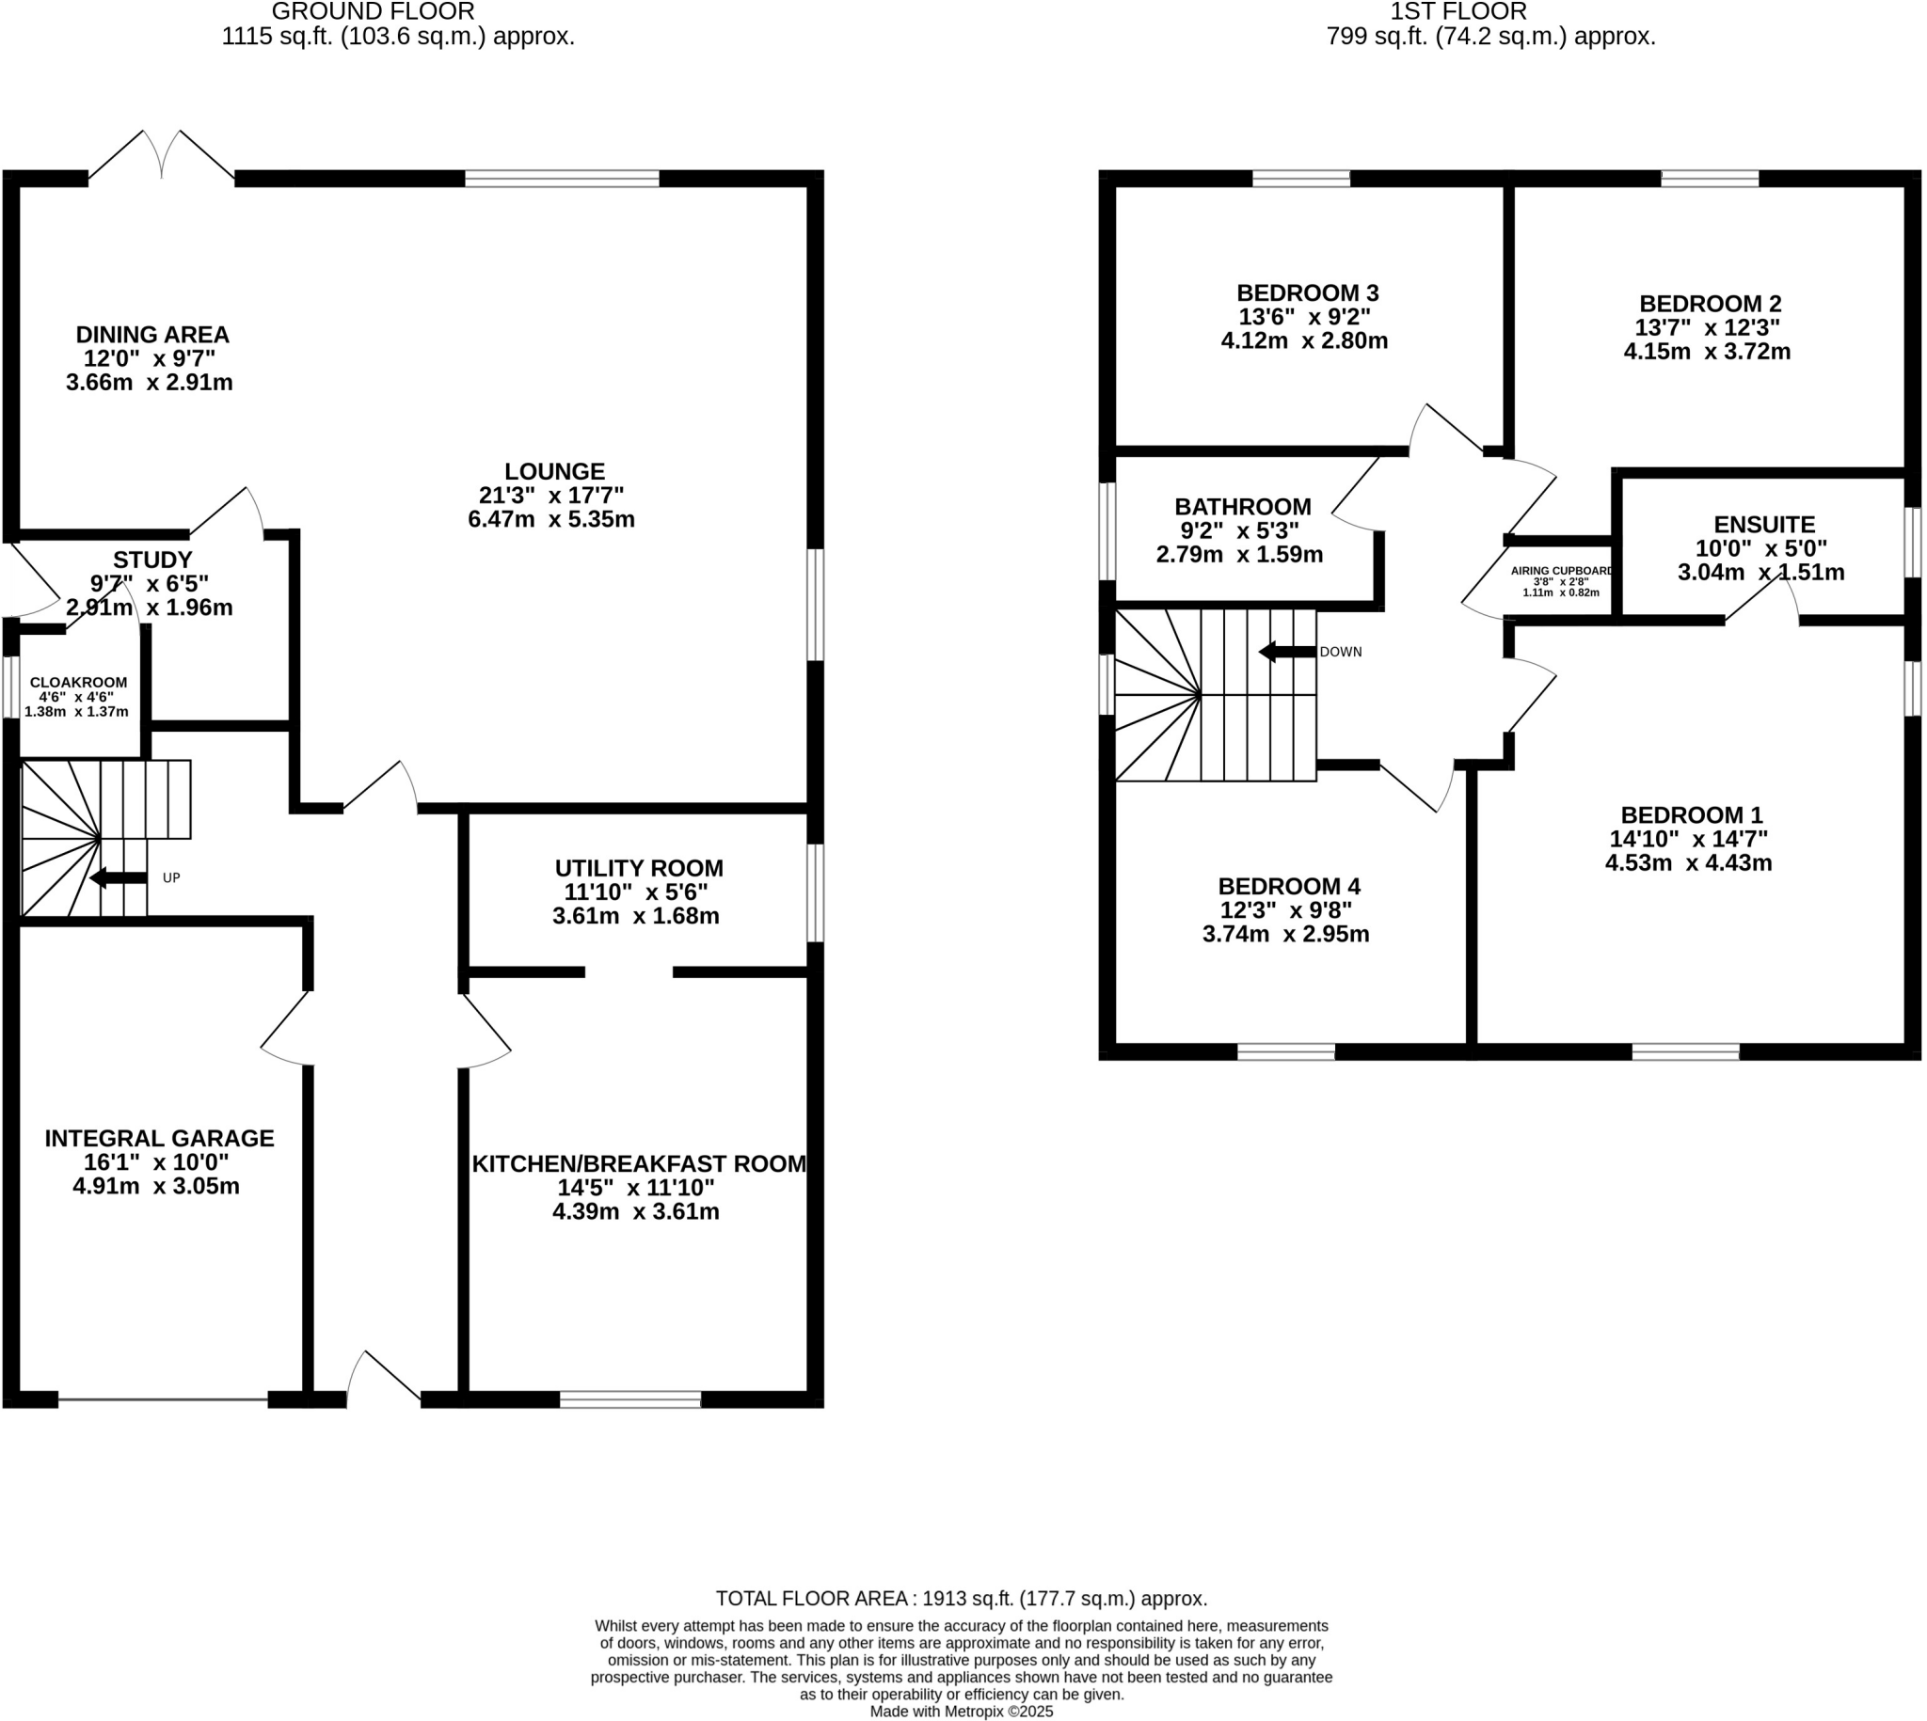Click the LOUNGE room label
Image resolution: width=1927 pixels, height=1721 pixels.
point(553,471)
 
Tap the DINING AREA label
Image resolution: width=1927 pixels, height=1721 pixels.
point(152,335)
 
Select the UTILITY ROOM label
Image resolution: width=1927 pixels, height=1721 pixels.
point(639,868)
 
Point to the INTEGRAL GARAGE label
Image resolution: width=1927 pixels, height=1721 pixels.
point(159,1139)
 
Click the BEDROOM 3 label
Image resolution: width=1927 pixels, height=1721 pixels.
point(1307,293)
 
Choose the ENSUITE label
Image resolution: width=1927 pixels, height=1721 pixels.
point(1764,525)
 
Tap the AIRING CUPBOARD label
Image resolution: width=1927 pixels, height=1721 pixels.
point(1561,571)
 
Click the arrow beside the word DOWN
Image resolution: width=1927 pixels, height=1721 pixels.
point(1286,652)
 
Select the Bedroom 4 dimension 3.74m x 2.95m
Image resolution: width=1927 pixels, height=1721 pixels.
point(1285,934)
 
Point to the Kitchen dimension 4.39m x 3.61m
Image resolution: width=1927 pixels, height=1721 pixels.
point(636,1211)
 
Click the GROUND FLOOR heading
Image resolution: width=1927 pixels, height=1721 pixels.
point(373,12)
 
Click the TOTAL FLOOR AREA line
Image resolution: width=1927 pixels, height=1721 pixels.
point(961,1599)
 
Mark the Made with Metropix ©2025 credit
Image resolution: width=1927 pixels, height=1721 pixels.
point(961,1712)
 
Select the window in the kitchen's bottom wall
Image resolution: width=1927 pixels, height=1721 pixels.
point(630,1399)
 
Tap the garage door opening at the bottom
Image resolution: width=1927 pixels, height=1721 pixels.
point(163,1399)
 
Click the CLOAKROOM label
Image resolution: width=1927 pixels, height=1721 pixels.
point(78,683)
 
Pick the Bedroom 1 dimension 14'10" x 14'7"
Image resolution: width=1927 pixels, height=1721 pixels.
point(1689,839)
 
